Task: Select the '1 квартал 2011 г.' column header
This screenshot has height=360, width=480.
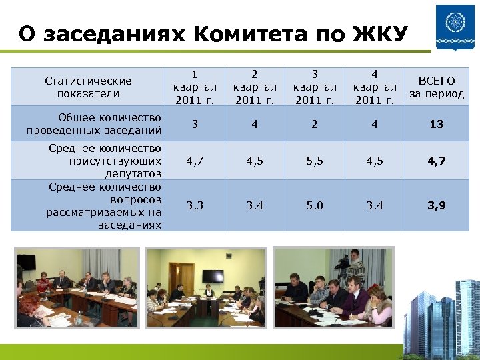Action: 195,87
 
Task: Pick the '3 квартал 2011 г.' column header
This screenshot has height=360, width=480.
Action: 314,87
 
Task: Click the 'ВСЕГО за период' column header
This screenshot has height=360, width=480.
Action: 437,87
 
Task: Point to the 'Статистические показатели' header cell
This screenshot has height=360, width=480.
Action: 88,87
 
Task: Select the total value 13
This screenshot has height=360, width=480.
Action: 437,124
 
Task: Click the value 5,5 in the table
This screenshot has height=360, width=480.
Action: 314,161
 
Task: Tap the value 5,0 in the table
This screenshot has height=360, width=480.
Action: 314,205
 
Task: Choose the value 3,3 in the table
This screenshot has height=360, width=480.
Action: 195,205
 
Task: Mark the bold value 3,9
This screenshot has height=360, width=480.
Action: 437,205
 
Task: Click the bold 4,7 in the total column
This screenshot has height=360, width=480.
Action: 437,161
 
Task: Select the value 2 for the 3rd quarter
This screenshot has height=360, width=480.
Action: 314,124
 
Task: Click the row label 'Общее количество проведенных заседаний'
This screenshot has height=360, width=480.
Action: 94,124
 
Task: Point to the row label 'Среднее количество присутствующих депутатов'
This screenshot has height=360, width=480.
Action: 105,161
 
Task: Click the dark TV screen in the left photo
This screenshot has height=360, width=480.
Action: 26,262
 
